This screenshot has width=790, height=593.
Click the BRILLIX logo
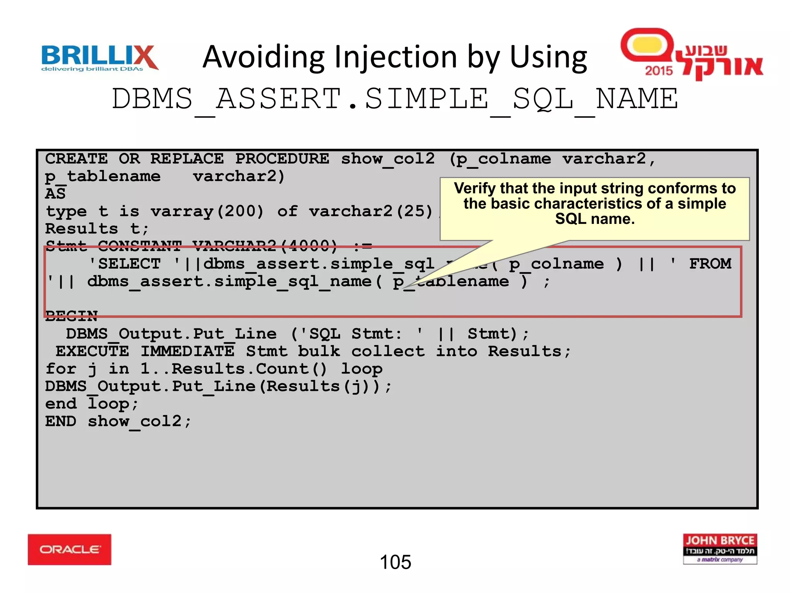pos(99,57)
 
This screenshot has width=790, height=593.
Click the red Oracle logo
pos(69,549)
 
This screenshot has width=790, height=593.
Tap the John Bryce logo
pos(720,549)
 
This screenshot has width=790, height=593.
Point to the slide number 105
pos(395,562)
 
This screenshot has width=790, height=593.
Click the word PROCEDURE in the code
pos(282,159)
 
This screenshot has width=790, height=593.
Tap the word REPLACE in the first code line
pos(187,159)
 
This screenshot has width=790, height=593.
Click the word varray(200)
pos(207,212)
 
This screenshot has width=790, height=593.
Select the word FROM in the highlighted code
pos(710,264)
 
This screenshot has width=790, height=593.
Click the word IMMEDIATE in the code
pos(187,351)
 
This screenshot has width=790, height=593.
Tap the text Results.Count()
pos(249,369)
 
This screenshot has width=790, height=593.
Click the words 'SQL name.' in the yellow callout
pos(594,219)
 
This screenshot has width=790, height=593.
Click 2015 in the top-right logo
pos(658,71)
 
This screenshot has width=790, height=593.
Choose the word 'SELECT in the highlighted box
pos(125,264)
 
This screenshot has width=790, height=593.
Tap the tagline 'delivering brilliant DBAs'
pos(92,69)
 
